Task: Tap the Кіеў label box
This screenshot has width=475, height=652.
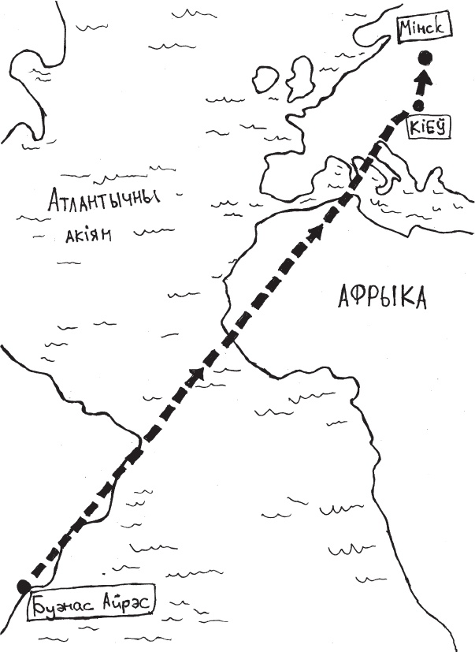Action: [x=428, y=126]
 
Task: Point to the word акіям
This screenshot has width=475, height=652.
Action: [x=85, y=234]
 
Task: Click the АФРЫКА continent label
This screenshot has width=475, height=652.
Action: [x=381, y=298]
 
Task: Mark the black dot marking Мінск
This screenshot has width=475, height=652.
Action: [x=426, y=58]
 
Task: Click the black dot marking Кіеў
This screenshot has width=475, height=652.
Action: [x=419, y=103]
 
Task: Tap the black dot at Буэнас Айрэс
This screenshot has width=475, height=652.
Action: [x=24, y=584]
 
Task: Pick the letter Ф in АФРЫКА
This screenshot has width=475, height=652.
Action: [x=356, y=298]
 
